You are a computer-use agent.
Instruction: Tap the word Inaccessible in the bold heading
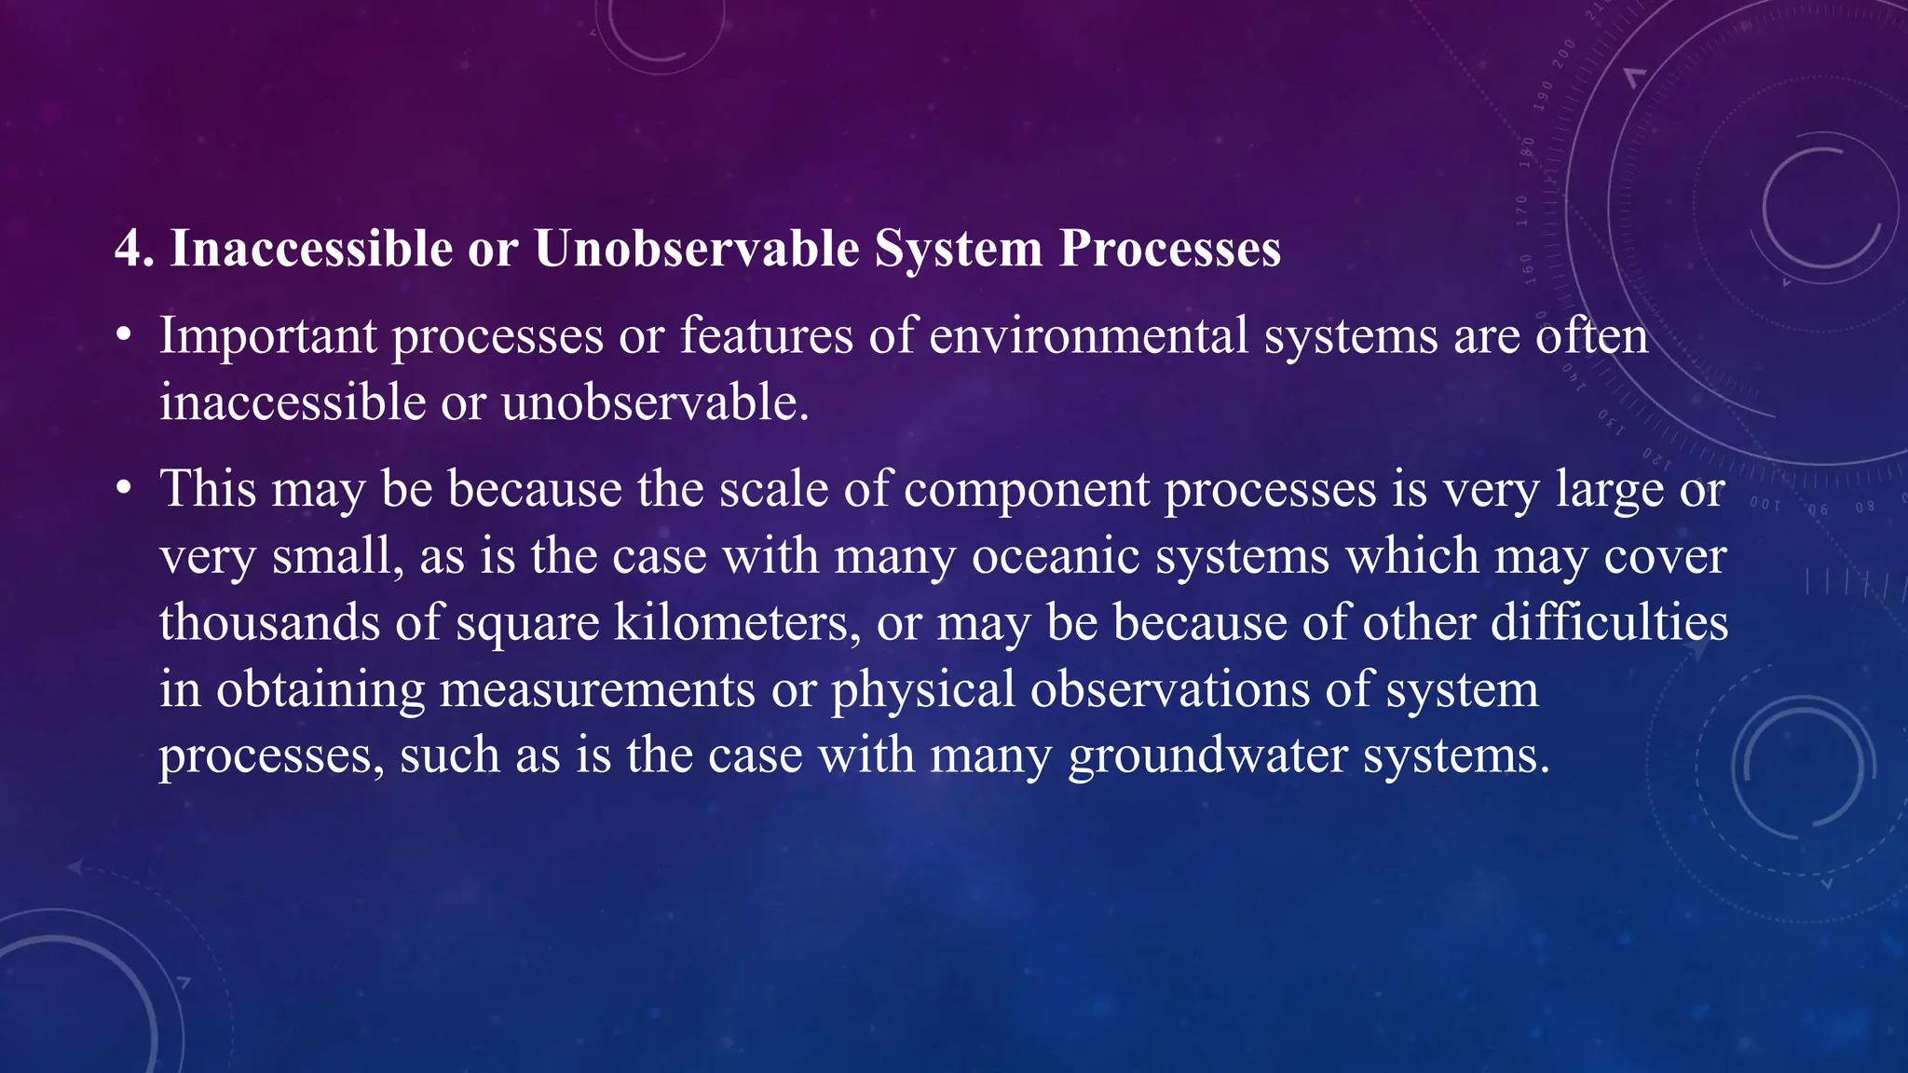click(x=310, y=250)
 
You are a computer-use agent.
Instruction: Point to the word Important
click(x=267, y=336)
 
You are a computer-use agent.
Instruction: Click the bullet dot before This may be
click(x=124, y=490)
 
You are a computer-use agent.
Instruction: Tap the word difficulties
click(x=1609, y=622)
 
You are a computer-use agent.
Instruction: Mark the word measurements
click(x=597, y=689)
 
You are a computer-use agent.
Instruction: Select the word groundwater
click(x=1207, y=755)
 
